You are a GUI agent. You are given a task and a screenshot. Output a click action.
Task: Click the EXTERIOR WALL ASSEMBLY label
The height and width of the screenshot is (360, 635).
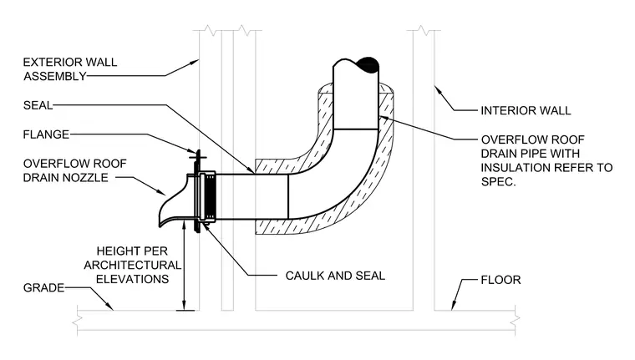(70, 69)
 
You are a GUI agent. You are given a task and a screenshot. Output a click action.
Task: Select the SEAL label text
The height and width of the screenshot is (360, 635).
(38, 105)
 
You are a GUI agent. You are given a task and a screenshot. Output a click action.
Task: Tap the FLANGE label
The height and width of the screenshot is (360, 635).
(46, 134)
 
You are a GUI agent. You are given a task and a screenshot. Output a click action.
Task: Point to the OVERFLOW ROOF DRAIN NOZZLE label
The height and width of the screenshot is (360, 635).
(75, 170)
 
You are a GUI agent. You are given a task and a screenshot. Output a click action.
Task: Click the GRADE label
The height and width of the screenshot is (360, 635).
(43, 288)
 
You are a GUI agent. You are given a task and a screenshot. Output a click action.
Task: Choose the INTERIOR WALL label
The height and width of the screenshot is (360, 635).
(526, 110)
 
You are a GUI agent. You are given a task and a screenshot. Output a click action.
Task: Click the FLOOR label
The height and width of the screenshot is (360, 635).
(501, 280)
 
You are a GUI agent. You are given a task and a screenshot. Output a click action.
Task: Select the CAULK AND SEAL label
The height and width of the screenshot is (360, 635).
(335, 276)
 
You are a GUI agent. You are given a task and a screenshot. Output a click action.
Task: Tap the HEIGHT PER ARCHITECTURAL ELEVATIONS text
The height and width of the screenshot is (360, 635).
(132, 265)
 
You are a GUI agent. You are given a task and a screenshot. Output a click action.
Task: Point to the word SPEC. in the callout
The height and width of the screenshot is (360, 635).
(499, 182)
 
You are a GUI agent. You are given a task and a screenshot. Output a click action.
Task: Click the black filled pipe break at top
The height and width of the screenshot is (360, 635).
(368, 65)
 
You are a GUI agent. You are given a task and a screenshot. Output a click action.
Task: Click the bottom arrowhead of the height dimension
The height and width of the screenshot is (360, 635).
(185, 306)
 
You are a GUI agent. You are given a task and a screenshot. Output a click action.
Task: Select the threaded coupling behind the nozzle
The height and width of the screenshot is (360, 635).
(210, 196)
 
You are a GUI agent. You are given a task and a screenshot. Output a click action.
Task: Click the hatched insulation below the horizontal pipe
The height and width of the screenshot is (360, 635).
(272, 227)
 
